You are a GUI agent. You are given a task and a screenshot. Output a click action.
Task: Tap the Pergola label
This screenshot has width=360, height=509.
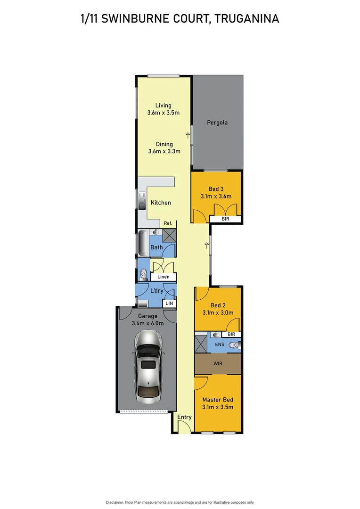(217, 123)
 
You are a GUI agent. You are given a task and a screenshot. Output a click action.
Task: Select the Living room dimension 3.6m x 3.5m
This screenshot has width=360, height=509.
(163, 113)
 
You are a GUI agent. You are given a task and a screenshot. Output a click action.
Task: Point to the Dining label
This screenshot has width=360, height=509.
(164, 144)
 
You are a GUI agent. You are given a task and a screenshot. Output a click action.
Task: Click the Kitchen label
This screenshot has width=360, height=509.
(161, 203)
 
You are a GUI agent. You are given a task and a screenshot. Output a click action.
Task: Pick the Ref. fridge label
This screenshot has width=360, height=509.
(168, 223)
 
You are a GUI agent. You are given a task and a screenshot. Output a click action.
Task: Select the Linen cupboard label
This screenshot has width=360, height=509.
(164, 277)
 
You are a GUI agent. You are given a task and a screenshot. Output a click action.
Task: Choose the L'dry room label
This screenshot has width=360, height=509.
(156, 291)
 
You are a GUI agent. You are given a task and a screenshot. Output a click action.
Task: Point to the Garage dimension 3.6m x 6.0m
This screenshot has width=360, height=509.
(147, 323)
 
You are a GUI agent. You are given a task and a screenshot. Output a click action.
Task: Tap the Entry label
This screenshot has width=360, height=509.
(184, 417)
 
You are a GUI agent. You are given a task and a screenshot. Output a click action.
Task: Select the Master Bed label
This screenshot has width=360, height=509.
(218, 400)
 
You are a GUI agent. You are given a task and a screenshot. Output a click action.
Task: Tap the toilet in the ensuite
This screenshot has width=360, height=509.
(234, 345)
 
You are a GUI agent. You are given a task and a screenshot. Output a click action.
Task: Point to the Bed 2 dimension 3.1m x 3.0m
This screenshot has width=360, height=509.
(218, 312)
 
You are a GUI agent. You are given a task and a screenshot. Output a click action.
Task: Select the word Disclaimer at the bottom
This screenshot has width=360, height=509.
(115, 502)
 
